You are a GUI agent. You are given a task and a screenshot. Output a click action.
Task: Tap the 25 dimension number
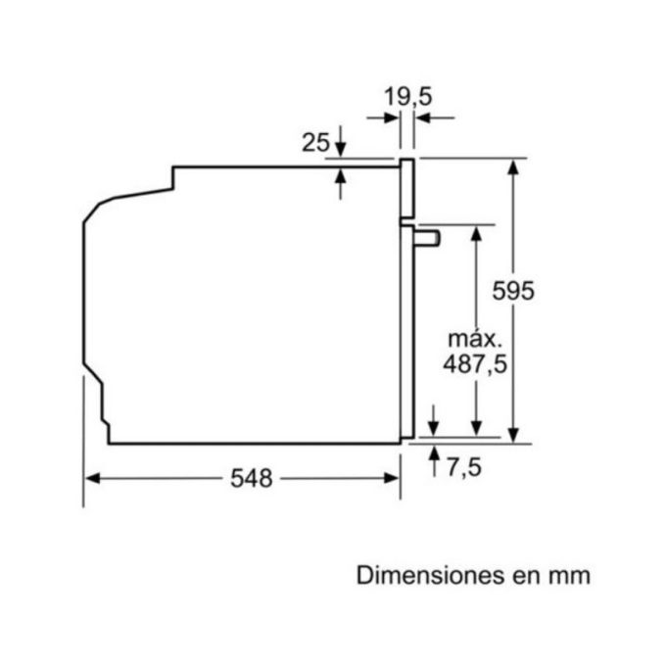pos(315,143)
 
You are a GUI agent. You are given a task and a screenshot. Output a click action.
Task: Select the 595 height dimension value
pos(513,292)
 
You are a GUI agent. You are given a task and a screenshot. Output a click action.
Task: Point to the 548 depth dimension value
pos(252,478)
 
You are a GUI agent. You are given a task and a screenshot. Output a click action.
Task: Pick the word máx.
pos(475,339)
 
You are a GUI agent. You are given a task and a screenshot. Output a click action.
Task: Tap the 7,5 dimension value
pos(464,468)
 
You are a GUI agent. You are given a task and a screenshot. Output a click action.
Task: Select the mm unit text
pos(573,575)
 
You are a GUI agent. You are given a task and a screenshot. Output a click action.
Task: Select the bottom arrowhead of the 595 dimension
pos(513,435)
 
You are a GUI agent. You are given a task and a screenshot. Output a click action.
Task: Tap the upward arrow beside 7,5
pos(434,453)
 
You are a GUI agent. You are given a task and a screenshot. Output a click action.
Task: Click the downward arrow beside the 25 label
pos(340,148)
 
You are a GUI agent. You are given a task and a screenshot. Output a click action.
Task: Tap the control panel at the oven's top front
pos(407,188)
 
